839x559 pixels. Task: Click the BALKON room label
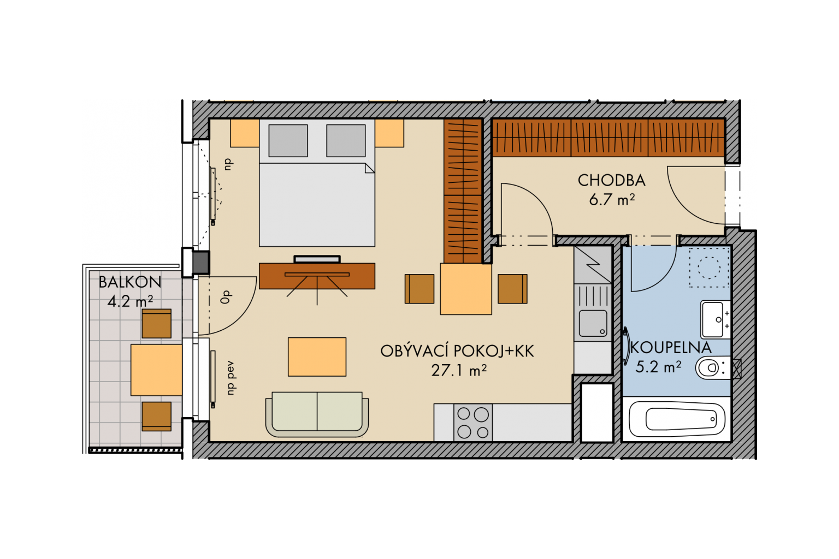click(x=129, y=282)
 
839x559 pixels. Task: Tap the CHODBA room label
click(x=611, y=181)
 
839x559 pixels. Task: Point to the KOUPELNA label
click(x=671, y=348)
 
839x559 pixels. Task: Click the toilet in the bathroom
click(x=713, y=368)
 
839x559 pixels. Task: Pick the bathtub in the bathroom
click(x=677, y=419)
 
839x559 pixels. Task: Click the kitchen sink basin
click(x=593, y=323)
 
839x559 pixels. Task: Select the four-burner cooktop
click(x=473, y=423)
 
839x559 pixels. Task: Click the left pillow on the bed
click(x=288, y=141)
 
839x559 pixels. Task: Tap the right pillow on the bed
click(x=346, y=141)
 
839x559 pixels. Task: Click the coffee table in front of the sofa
click(x=317, y=357)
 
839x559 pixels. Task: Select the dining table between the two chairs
click(x=465, y=289)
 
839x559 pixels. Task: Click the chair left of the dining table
click(x=419, y=289)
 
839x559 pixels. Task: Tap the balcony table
click(x=157, y=370)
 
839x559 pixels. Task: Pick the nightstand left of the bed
click(x=245, y=133)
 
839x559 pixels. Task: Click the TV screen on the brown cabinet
click(x=317, y=259)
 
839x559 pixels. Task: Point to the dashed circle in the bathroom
click(x=709, y=267)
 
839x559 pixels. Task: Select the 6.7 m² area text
click(x=612, y=200)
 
